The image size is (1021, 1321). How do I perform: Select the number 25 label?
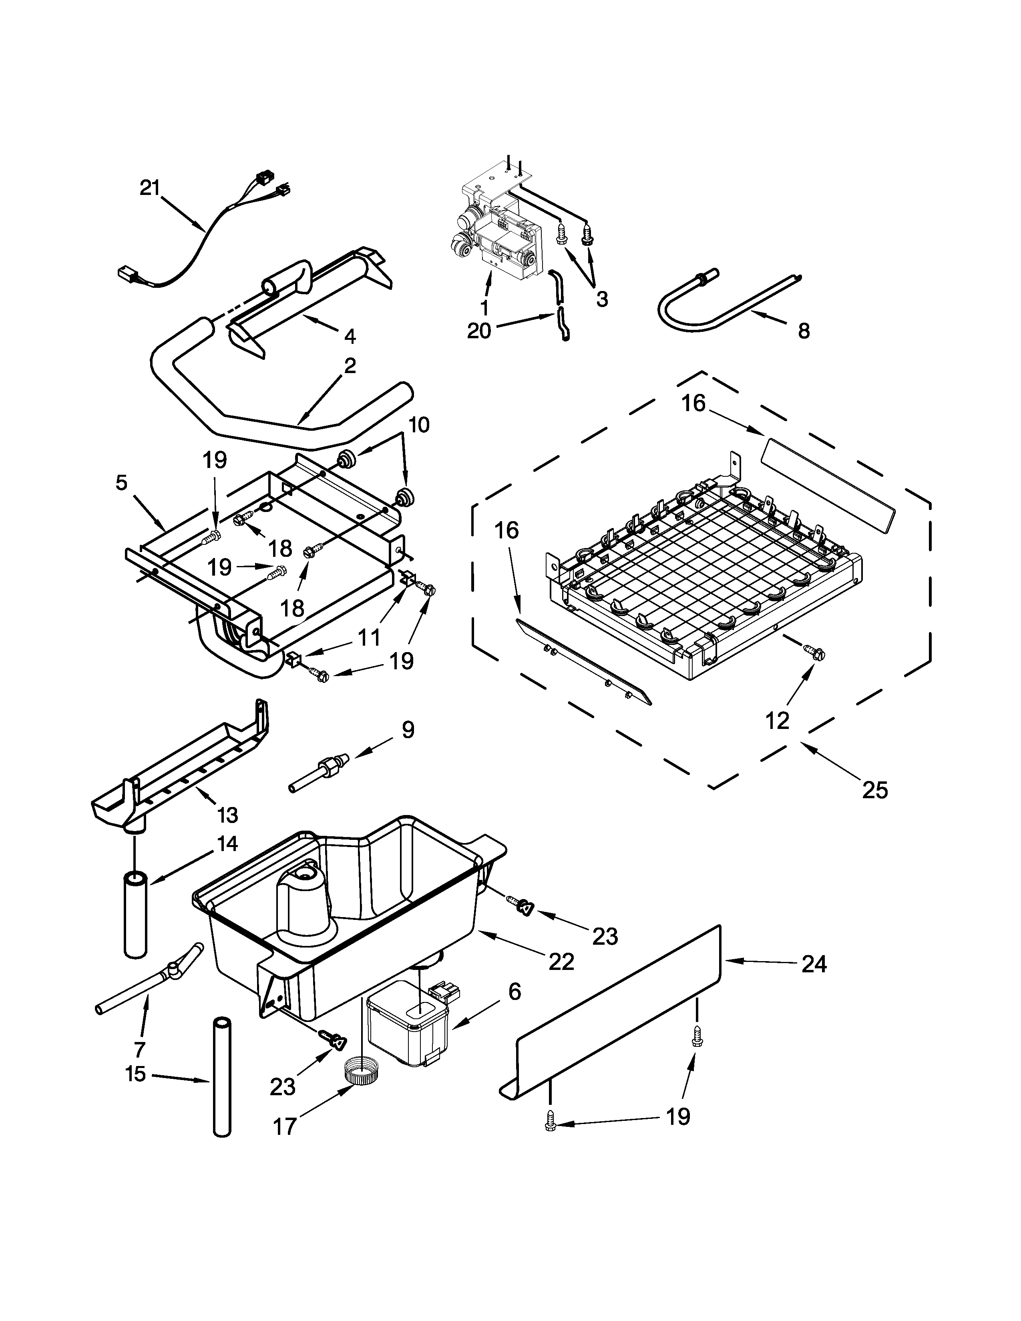click(x=874, y=790)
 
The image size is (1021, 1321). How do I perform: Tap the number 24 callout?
click(x=814, y=964)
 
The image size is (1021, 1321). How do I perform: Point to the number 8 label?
click(x=803, y=331)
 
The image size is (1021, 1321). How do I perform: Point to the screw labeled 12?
click(x=811, y=651)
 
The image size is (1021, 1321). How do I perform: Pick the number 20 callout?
click(x=479, y=331)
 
